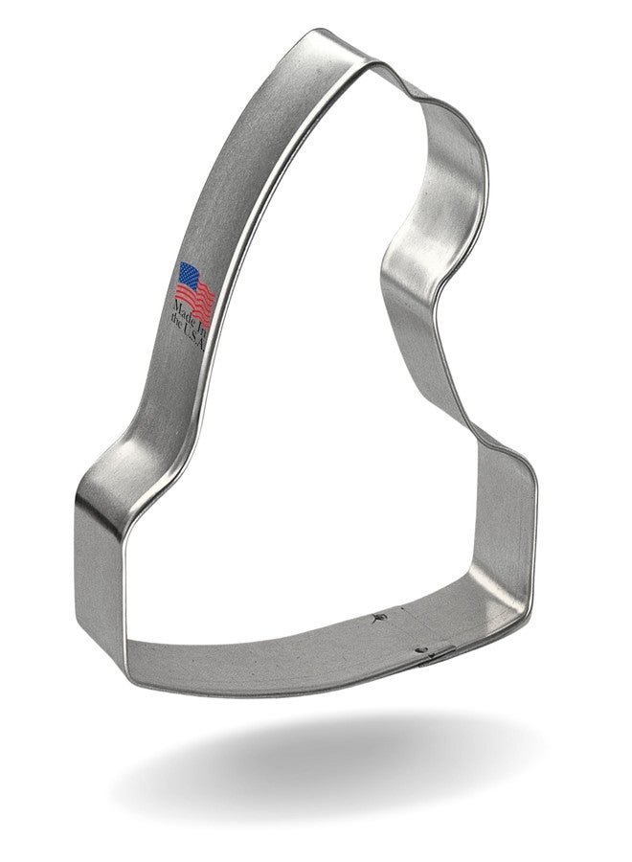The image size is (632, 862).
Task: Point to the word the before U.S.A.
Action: tap(175, 321)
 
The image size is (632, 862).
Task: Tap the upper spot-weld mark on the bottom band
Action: tap(377, 618)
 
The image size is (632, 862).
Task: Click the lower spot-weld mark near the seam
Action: tap(420, 650)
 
